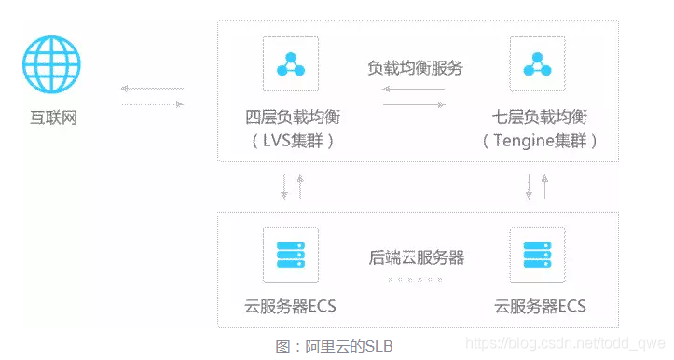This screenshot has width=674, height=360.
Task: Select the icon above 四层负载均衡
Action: click(x=291, y=63)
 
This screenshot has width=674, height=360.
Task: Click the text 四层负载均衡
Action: click(x=291, y=118)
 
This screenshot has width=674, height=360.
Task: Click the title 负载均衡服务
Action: click(x=415, y=68)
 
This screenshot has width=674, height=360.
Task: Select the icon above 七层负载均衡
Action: click(x=538, y=63)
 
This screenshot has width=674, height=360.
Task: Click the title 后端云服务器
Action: click(x=415, y=257)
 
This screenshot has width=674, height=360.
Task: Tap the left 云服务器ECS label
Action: click(x=291, y=307)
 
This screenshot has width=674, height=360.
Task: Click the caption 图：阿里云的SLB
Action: click(x=335, y=346)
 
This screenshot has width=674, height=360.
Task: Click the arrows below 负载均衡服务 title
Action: click(x=415, y=96)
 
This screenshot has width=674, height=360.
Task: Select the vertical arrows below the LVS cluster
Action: click(x=292, y=187)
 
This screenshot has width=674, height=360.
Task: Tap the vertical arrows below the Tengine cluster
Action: click(x=537, y=187)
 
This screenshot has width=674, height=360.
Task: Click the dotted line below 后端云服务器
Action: click(x=415, y=278)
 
